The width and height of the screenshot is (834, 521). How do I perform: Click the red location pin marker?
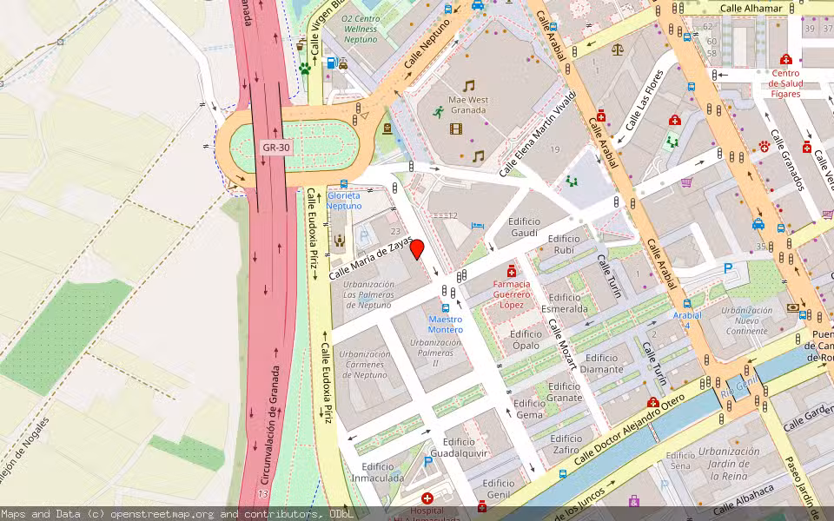click(x=417, y=249)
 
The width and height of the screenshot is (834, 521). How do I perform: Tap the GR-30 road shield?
click(x=275, y=148)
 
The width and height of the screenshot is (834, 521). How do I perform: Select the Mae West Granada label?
click(x=467, y=105)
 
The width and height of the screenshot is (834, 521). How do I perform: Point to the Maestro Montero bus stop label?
click(x=446, y=324)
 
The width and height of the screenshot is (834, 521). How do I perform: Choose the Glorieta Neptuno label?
click(x=344, y=201)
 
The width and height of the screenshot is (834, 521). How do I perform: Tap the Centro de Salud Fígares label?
click(x=785, y=83)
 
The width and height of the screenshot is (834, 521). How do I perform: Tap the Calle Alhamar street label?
click(x=757, y=9)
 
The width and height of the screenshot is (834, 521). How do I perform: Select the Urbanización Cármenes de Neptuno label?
click(x=364, y=365)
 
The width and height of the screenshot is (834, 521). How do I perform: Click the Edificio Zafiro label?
click(x=566, y=444)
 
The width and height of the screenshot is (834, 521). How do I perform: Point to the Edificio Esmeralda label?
click(x=565, y=302)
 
